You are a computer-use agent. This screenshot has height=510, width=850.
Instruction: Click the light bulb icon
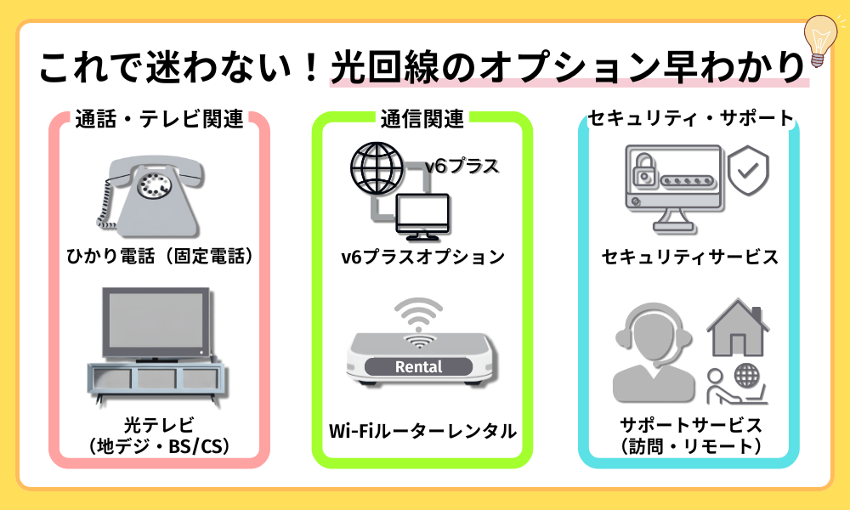coord(820,40)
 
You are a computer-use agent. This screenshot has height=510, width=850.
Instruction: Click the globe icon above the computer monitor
coord(377,168)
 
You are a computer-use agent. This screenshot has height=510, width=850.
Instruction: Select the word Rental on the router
coord(418,367)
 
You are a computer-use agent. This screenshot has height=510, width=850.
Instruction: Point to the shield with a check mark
coord(748,170)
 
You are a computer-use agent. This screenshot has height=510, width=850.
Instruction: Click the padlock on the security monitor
coord(643,170)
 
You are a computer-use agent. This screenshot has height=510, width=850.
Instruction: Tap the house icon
coord(737,328)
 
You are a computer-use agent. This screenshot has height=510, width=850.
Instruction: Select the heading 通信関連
coord(422,119)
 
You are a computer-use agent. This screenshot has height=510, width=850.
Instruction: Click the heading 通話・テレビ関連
coord(160,119)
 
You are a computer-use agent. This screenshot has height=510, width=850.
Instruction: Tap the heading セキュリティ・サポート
coord(690,117)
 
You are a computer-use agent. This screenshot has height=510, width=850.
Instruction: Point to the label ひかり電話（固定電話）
coord(160,256)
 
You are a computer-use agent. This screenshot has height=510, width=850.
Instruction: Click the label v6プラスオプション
coord(422,257)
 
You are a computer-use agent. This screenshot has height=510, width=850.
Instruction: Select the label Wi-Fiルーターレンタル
coord(422,431)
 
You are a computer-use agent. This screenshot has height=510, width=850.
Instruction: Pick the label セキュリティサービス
coord(690,257)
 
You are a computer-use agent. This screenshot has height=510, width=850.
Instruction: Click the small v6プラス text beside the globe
coord(462,166)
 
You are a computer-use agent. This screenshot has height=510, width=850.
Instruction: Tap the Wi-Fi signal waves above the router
coord(418,314)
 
